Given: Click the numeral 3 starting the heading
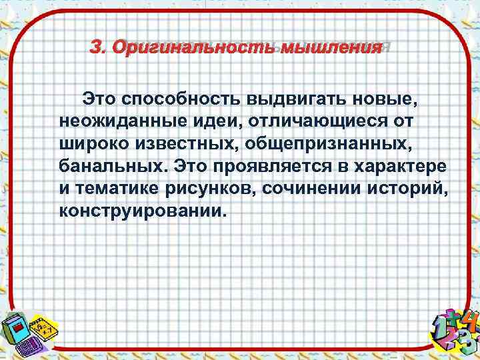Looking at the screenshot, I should click(97, 48).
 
